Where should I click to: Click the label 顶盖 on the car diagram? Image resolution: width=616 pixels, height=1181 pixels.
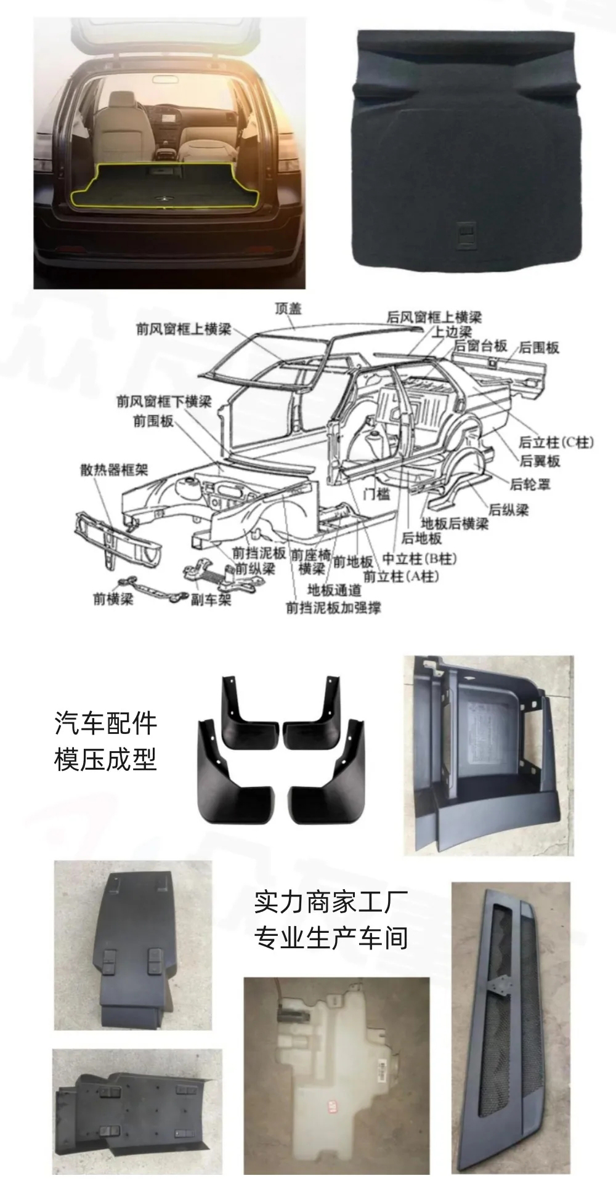pyautogui.click(x=288, y=308)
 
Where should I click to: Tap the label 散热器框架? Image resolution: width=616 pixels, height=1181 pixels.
pyautogui.click(x=114, y=470)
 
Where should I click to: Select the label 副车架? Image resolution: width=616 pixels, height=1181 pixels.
pyautogui.click(x=211, y=599)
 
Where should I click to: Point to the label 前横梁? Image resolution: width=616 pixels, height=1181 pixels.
pyautogui.click(x=113, y=599)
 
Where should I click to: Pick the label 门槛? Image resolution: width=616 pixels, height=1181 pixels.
pyautogui.click(x=376, y=493)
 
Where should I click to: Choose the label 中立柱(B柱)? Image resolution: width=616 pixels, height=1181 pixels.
pyautogui.click(x=419, y=558)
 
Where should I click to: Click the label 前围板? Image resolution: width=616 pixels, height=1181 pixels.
pyautogui.click(x=153, y=421)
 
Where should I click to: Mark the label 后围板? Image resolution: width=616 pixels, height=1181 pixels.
pyautogui.click(x=539, y=347)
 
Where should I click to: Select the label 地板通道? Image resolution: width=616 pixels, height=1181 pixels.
pyautogui.click(x=334, y=590)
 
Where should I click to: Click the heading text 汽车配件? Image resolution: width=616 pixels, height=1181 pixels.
pyautogui.click(x=106, y=724)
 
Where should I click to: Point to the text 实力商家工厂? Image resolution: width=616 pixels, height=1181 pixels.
pyautogui.click(x=331, y=903)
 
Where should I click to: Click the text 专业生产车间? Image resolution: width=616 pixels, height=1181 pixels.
pyautogui.click(x=331, y=938)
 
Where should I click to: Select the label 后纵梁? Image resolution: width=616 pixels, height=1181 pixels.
pyautogui.click(x=508, y=510)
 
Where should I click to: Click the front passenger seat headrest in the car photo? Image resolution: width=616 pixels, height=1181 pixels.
pyautogui.click(x=124, y=100)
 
